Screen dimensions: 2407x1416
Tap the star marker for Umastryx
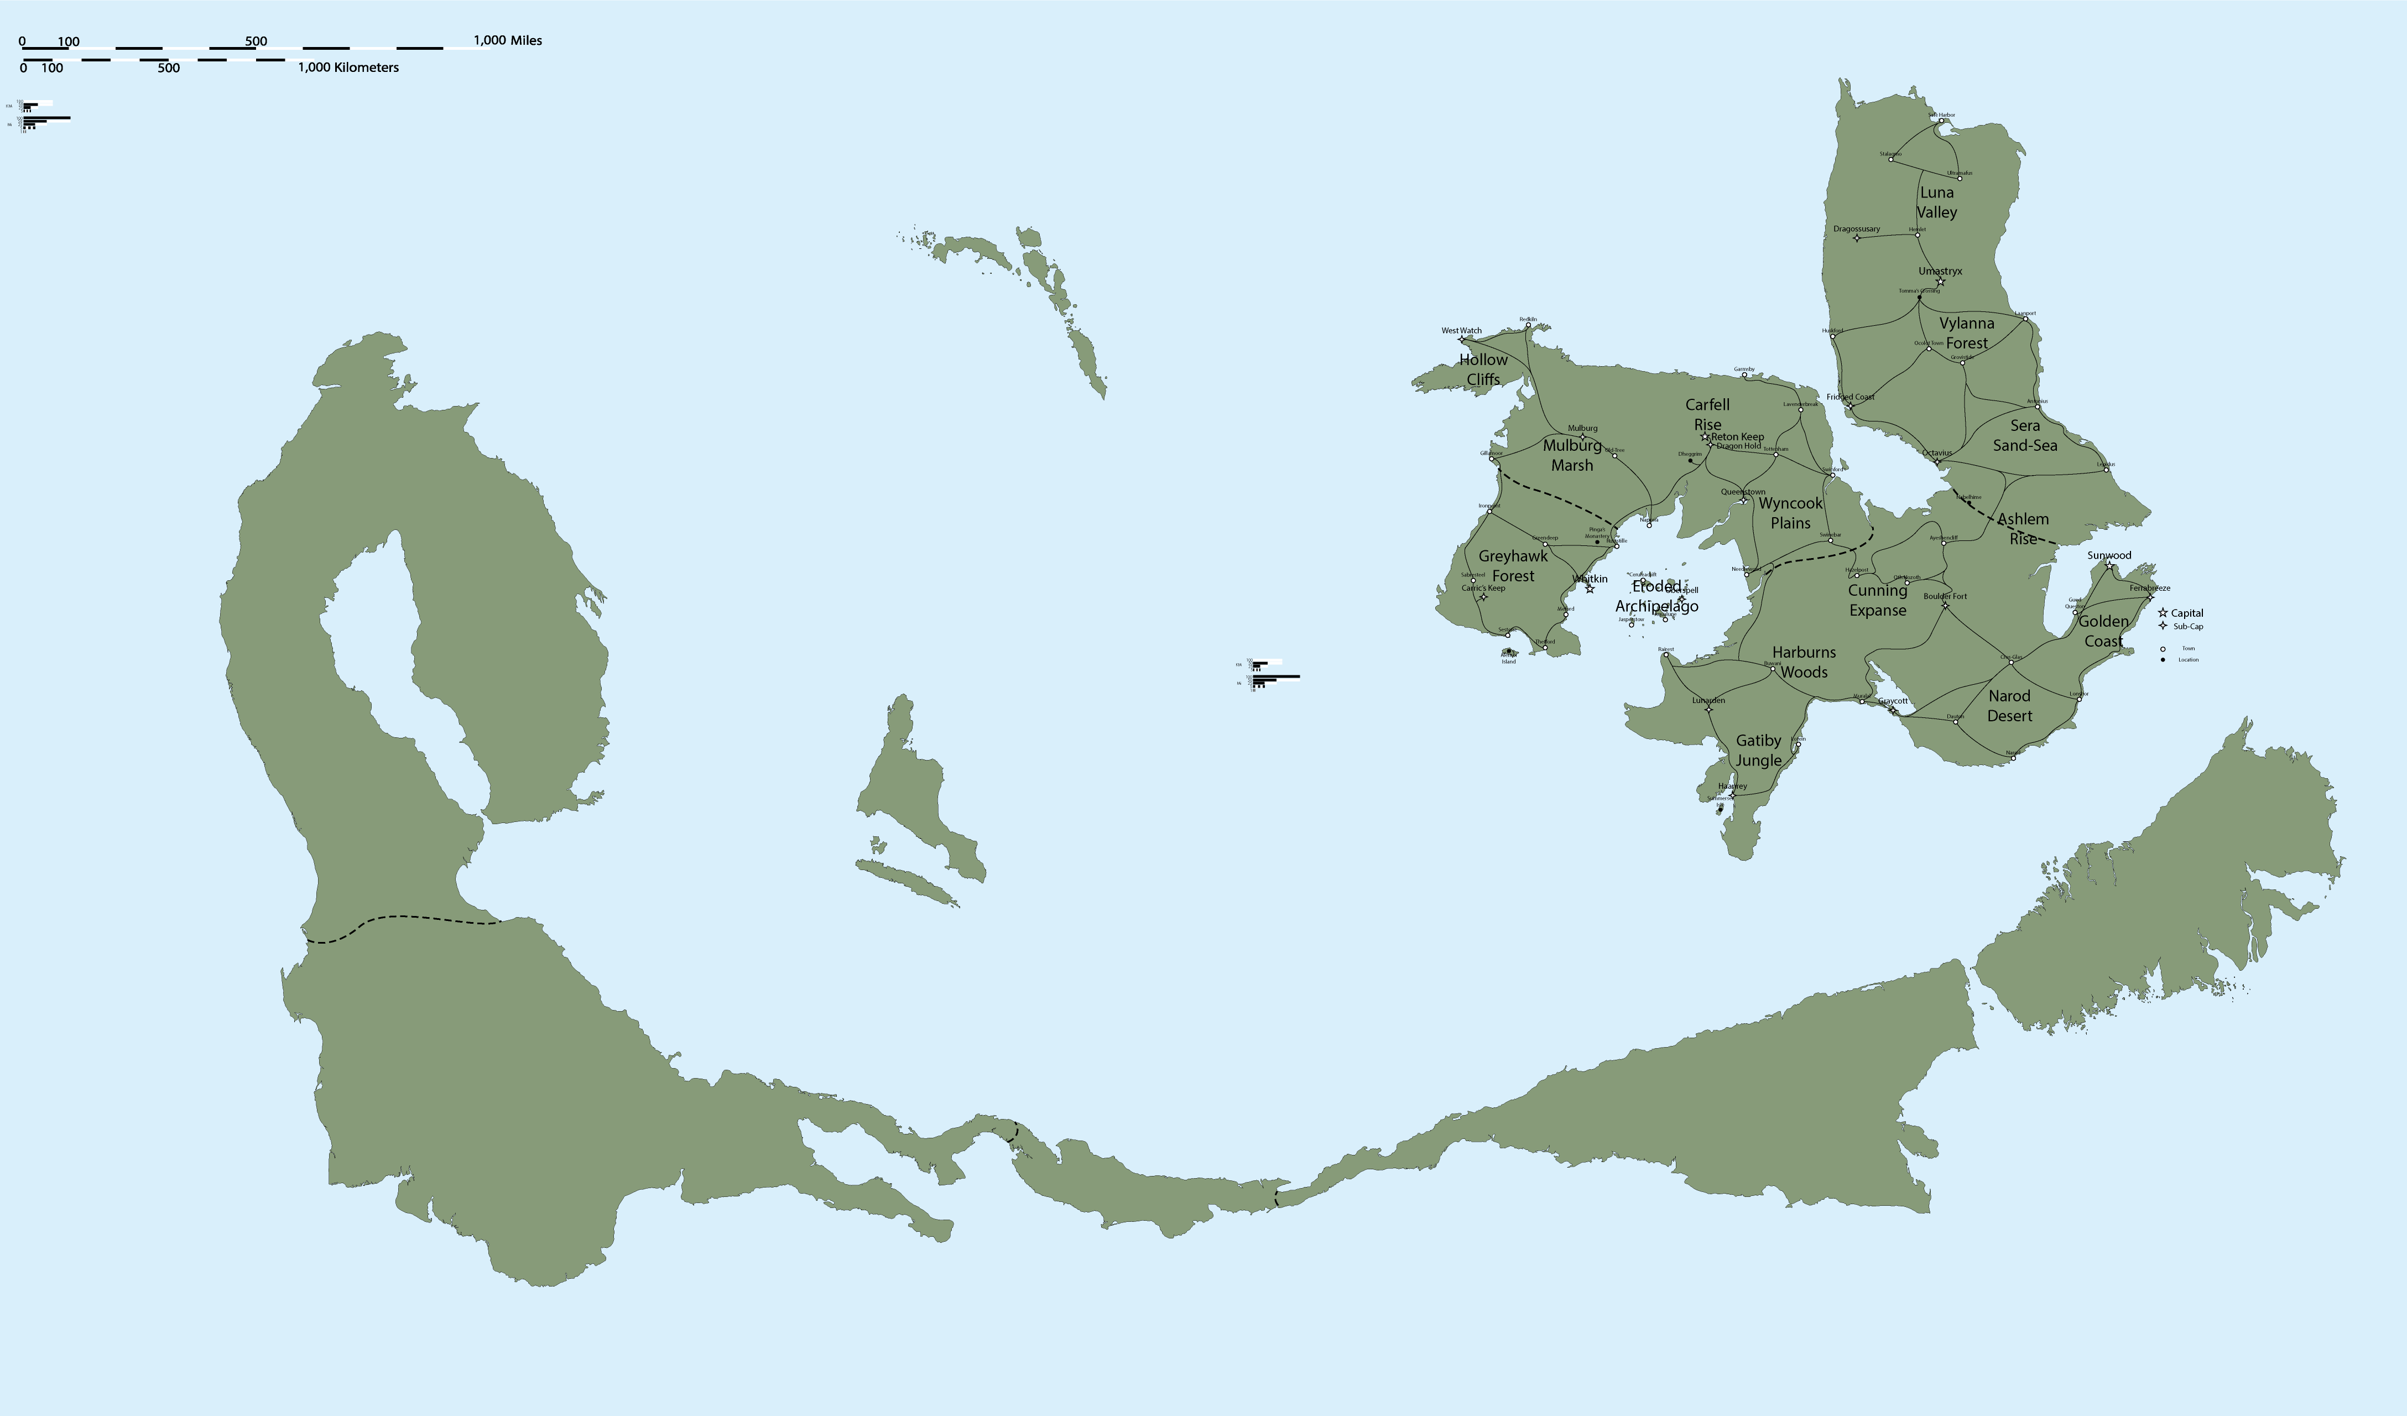pyautogui.click(x=1940, y=282)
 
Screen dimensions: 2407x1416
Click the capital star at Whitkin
pyautogui.click(x=1590, y=589)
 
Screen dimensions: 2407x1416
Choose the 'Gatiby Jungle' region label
pyautogui.click(x=1758, y=750)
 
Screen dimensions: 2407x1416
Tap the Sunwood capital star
pyautogui.click(x=2109, y=566)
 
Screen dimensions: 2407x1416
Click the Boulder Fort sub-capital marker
pyautogui.click(x=1945, y=605)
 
